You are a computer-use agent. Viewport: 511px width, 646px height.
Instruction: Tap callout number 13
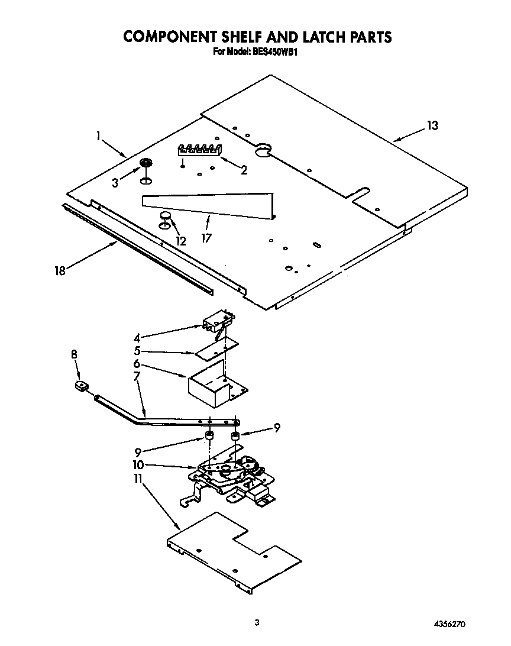pos(433,125)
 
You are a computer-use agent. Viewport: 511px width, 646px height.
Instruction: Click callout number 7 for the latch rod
pos(137,376)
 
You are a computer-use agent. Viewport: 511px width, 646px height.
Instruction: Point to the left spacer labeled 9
pos(209,438)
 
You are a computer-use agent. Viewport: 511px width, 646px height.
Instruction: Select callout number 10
pos(139,464)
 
